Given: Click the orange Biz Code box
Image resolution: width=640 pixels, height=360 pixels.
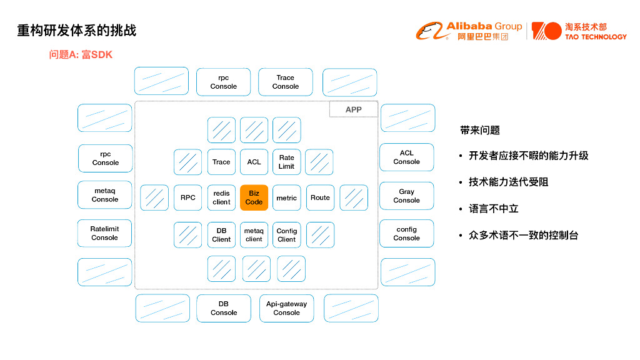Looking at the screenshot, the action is point(254,197).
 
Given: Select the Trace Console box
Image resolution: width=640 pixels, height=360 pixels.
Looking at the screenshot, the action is point(286,82).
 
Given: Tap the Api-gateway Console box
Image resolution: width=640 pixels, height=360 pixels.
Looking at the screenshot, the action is point(286,308).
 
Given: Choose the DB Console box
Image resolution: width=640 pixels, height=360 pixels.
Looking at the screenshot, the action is point(224,308).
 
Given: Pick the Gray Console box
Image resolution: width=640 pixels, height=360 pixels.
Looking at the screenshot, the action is point(406,196).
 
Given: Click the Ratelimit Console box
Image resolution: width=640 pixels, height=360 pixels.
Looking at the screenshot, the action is point(105,233).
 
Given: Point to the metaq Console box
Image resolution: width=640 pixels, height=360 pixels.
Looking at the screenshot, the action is point(105,195).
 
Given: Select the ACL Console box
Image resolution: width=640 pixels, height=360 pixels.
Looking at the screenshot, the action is point(406,157).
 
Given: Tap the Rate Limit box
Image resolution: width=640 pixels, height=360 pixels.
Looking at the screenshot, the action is point(286,162).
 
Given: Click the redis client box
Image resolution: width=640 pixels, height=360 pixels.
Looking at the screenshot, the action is point(221,197).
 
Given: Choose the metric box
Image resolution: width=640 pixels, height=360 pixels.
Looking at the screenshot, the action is point(286,197).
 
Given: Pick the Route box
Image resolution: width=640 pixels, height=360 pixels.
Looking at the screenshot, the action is point(320,197).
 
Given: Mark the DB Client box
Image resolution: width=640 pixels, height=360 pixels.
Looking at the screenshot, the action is point(221,235).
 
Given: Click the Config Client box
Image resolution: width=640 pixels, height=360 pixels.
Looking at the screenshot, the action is point(286,235).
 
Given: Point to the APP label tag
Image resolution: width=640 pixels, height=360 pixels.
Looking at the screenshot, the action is point(353,109).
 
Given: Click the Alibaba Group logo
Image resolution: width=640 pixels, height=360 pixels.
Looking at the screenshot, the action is point(469,31).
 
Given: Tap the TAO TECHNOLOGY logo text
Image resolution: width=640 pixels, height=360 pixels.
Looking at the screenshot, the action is point(595,37).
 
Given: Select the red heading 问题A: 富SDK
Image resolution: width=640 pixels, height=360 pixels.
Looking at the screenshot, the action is point(81,55).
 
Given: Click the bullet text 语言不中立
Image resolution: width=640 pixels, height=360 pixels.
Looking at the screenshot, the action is point(494,209).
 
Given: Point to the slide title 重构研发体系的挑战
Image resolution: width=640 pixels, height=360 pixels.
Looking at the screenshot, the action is point(77,30).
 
